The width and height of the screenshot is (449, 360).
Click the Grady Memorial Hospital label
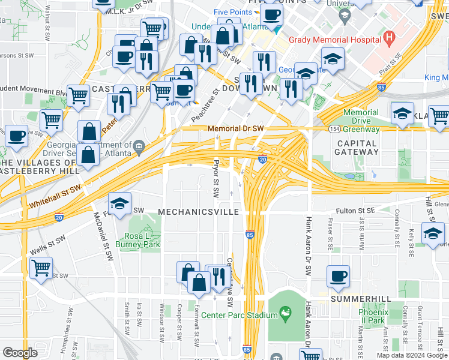pyautogui.click(x=335, y=40)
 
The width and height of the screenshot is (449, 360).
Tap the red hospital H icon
pyautogui.click(x=389, y=40)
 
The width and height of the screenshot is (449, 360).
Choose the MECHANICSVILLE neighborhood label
pyautogui.click(x=199, y=212)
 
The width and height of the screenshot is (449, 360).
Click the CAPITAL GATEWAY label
pyautogui.click(x=357, y=148)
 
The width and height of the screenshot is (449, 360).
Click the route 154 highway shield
pyautogui.click(x=333, y=128)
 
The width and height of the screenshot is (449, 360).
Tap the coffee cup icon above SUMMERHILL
pyautogui.click(x=338, y=276)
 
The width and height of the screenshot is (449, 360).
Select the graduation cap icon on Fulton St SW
pyautogui.click(x=119, y=203)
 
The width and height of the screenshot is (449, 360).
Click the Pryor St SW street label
pyautogui.click(x=216, y=179)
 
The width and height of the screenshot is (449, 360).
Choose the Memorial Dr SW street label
pyautogui.click(x=236, y=128)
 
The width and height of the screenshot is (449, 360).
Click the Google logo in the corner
pyautogui.click(x=20, y=353)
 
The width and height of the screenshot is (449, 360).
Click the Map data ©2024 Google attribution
pyautogui.click(x=411, y=355)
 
